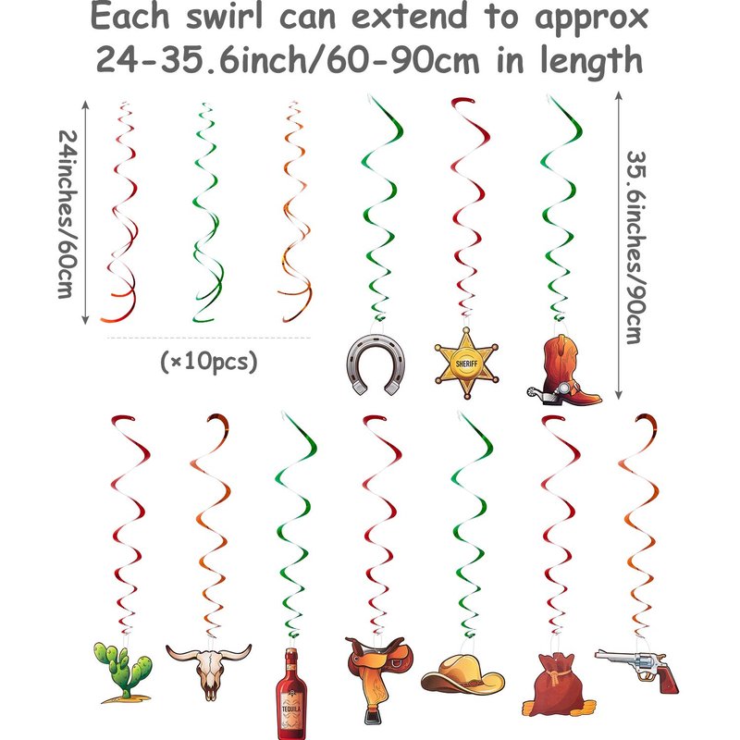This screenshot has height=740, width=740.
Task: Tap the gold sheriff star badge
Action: click(466, 364)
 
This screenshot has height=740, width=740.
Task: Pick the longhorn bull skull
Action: click(209, 665)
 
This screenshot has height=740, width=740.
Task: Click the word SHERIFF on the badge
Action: click(466, 364)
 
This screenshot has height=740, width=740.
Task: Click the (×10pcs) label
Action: click(209, 362)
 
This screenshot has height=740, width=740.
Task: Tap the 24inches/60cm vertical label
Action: click(68, 214)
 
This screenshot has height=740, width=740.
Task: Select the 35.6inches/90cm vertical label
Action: click(636, 247)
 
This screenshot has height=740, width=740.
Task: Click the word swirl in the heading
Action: click(224, 17)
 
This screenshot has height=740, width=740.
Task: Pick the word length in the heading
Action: click(591, 61)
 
